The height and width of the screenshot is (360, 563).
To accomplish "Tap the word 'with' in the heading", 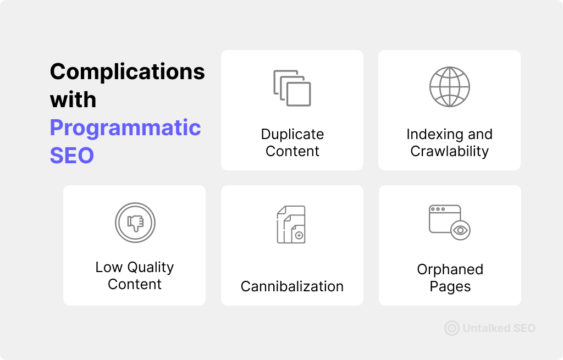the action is [x=73, y=100].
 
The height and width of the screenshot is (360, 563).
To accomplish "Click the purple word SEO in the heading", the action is [x=72, y=156].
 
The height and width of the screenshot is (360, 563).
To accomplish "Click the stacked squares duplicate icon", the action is [x=292, y=88].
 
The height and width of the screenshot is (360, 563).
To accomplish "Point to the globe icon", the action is [x=450, y=87].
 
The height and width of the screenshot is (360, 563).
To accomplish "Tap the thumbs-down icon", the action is [x=135, y=223].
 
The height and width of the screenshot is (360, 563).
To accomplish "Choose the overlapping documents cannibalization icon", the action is [x=291, y=224].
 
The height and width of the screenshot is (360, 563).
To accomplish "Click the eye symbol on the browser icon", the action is [x=460, y=230].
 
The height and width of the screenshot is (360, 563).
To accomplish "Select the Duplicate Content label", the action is [x=292, y=142].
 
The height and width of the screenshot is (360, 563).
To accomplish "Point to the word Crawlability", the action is [x=450, y=152].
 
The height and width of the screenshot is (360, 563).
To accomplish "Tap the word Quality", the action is [x=151, y=268].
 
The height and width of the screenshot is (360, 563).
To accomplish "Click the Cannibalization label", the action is [x=292, y=286].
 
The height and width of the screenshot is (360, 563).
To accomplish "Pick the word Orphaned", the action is [x=450, y=269].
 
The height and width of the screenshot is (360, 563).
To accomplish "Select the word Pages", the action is [x=450, y=286].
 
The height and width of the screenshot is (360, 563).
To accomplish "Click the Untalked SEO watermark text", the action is [x=499, y=328].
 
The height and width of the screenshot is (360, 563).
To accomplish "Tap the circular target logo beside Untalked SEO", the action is [x=452, y=328].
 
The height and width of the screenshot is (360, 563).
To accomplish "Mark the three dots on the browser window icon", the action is [x=438, y=209].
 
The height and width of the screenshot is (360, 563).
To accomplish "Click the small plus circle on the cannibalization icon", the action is [x=299, y=236].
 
